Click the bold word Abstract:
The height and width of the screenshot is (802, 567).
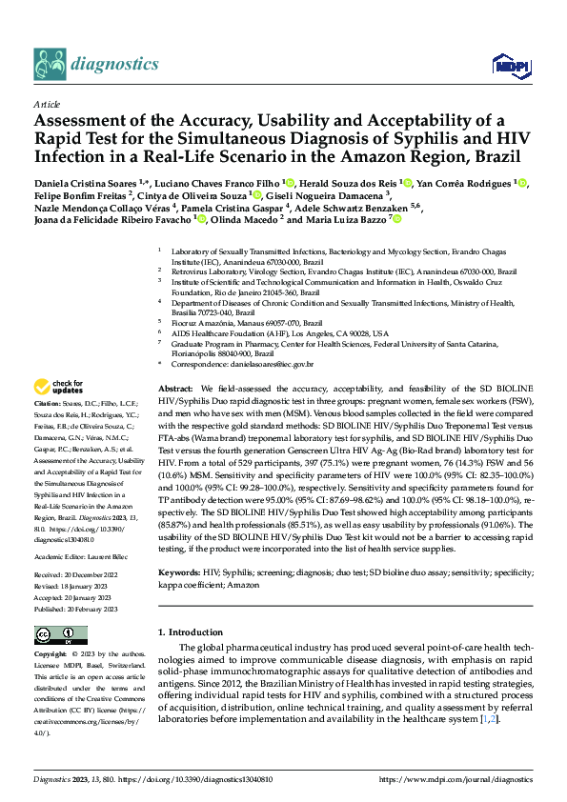175,391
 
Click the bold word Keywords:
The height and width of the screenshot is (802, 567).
180,571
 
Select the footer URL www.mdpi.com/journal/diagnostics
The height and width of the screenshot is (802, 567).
456,778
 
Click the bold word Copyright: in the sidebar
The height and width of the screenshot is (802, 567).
51,656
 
